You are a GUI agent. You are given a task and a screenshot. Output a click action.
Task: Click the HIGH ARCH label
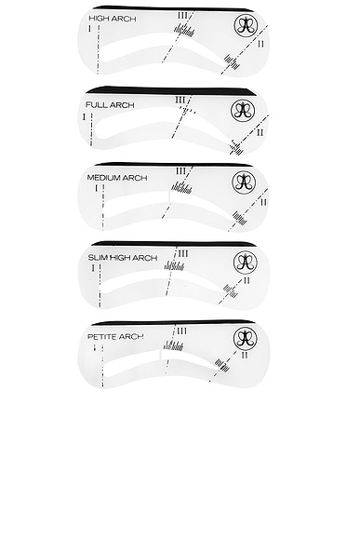point(109,19)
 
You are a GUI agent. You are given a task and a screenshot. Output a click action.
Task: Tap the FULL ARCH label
point(109,105)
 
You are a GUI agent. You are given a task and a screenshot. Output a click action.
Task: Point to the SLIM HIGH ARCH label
point(122,257)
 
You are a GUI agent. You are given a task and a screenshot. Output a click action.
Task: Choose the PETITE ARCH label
point(114,335)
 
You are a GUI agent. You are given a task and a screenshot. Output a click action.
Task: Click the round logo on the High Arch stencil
point(246,25)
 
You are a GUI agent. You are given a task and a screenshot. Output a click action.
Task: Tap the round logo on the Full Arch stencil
point(243,111)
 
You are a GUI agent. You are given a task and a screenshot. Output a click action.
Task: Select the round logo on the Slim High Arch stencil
point(245,260)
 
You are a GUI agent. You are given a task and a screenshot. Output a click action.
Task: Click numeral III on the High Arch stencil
point(181,15)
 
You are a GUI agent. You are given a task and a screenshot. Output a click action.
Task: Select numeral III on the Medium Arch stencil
point(181,170)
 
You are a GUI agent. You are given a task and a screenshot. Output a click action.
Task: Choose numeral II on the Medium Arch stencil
point(263,202)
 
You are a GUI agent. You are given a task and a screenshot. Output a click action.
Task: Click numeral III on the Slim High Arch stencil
point(183,252)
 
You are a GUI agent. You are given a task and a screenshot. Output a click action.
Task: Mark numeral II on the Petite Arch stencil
point(244,355)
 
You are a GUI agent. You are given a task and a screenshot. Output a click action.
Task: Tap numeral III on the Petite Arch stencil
point(181,331)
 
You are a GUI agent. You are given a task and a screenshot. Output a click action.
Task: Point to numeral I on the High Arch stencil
point(88,30)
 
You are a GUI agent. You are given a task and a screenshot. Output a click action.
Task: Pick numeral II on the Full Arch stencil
point(260,132)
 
